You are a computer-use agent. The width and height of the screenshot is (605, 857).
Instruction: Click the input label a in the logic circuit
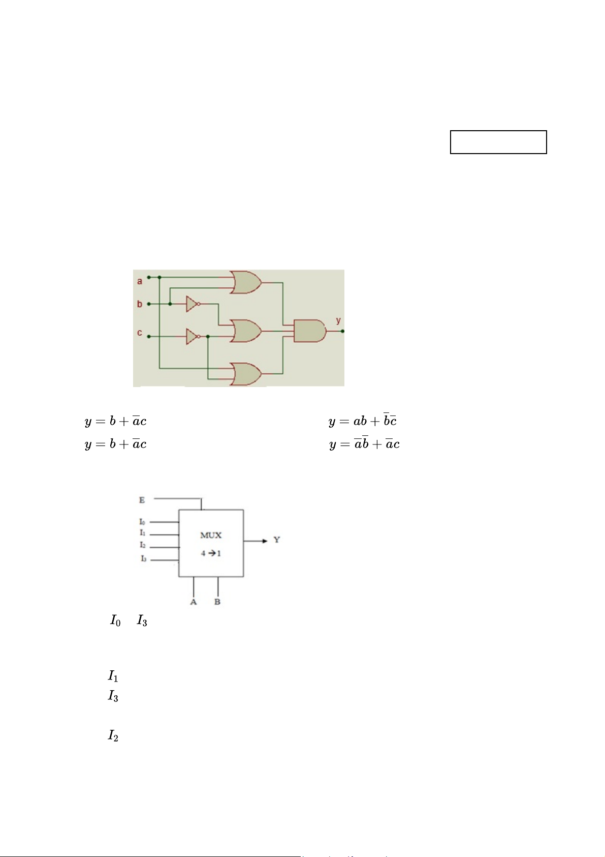pos(140,281)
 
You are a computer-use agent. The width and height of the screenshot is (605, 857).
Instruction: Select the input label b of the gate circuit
pos(140,304)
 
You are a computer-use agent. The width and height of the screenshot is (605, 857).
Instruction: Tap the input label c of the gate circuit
pos(140,333)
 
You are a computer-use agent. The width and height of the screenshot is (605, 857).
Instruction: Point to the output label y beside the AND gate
pos(338,320)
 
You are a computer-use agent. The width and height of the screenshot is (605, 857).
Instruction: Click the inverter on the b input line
pos(193,304)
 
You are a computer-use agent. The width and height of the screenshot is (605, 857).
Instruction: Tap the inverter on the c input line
pos(193,336)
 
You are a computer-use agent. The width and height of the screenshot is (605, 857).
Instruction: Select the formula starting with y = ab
pos(362,421)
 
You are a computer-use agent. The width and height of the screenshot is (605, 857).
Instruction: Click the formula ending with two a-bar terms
pos(364,444)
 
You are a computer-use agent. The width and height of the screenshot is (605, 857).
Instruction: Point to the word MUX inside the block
pos(211,535)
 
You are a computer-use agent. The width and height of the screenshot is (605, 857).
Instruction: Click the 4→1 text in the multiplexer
pos(211,553)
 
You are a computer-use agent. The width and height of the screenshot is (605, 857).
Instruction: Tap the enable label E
pos(142,500)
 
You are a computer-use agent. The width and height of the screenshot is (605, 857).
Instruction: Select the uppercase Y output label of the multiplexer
pos(277,540)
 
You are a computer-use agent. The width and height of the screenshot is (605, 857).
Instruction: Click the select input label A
pos(194,602)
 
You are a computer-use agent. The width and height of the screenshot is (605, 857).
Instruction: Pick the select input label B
pos(217,602)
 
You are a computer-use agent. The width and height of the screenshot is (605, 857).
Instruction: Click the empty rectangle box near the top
pos(498,142)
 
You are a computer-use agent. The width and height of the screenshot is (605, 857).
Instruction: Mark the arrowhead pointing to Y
pos(264,541)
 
